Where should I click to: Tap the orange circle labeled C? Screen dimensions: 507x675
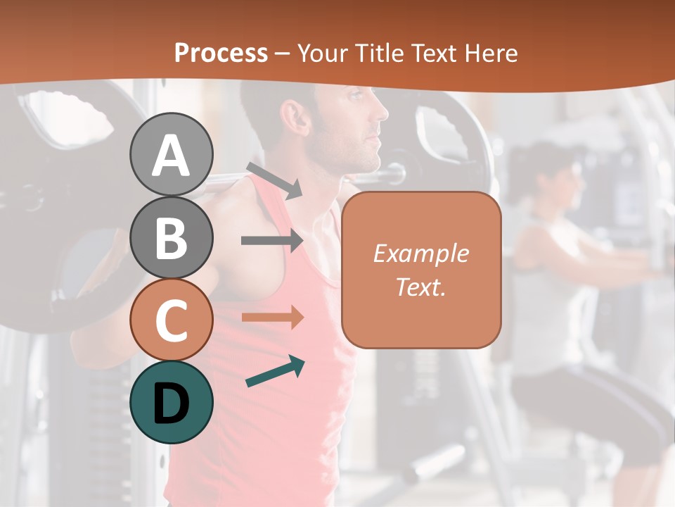171,320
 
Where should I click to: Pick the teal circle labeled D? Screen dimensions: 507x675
171,402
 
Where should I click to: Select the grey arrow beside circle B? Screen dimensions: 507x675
272,240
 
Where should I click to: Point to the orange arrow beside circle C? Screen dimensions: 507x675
272,317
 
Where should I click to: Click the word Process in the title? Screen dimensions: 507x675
221,53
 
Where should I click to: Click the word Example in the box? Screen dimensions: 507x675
420,254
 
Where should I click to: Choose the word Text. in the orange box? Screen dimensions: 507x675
420,287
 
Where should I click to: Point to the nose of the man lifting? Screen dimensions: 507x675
382,111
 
